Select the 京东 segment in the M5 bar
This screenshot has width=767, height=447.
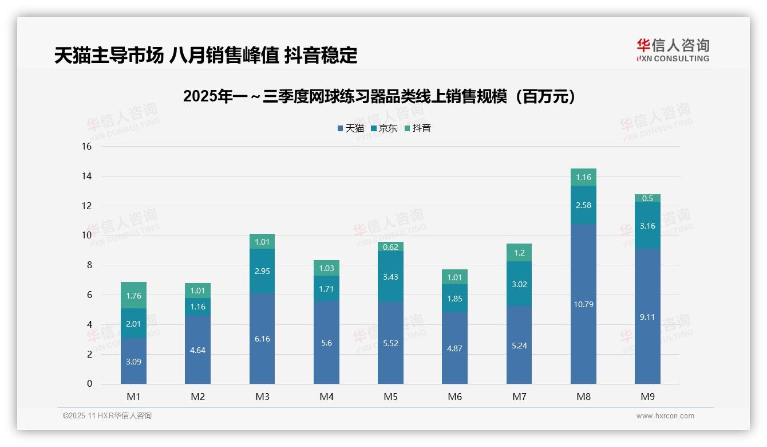point(390,277)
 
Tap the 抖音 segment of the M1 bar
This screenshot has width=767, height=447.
point(133,296)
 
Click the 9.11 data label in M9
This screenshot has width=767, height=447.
point(647,317)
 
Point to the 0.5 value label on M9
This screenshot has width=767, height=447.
point(647,198)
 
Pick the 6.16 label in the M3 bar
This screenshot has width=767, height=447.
point(262,339)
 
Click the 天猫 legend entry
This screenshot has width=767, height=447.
point(351,128)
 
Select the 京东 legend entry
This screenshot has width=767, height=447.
point(384,128)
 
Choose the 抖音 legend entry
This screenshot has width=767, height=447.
point(418,128)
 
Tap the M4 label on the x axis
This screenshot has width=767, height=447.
point(326,397)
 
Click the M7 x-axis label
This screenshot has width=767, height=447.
point(519,397)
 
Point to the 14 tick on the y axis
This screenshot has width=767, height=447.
point(86,177)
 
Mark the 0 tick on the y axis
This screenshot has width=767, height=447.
point(89,384)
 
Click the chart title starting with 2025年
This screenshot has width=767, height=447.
point(379,97)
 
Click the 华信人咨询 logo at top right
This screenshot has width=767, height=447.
point(673,50)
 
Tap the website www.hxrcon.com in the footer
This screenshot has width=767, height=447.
point(665,416)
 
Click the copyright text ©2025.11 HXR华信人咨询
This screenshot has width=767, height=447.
point(107,416)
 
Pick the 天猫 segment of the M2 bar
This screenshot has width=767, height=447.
point(197,350)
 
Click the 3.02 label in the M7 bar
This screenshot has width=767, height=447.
point(519,284)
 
